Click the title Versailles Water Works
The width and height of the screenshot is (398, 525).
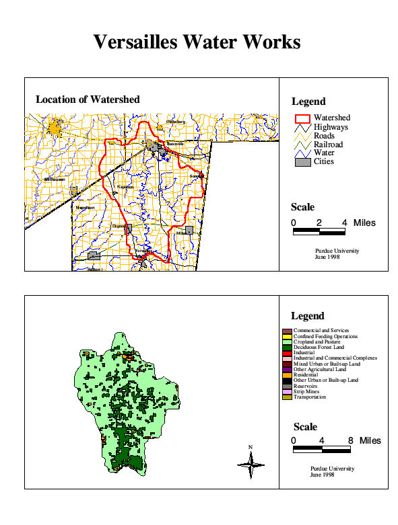click(x=197, y=42)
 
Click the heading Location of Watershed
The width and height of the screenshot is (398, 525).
click(x=88, y=99)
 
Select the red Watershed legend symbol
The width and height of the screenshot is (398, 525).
click(x=302, y=118)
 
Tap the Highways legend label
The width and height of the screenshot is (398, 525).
click(x=331, y=126)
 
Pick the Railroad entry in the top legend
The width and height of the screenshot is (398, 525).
click(x=328, y=144)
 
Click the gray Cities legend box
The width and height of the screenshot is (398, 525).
click(x=302, y=161)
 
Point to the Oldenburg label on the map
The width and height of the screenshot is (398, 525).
click(x=175, y=121)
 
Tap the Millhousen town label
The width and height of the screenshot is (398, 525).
click(x=54, y=179)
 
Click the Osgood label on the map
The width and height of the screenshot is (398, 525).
click(x=119, y=227)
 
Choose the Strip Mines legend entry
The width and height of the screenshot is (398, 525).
click(x=310, y=391)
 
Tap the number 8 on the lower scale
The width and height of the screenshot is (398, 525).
click(x=350, y=441)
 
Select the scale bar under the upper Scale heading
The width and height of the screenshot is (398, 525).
click(x=319, y=231)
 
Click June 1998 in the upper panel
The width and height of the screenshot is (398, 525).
click(x=327, y=257)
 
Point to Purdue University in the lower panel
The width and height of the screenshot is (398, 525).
click(x=332, y=469)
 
